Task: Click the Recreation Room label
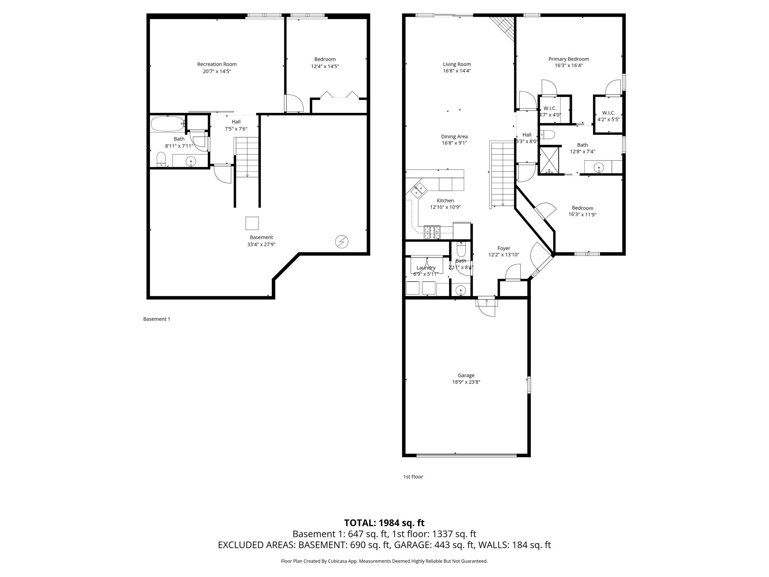[x=217, y=64]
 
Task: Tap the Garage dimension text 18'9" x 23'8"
[x=466, y=382]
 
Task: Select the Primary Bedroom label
[x=569, y=59]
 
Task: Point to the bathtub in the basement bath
[x=168, y=124]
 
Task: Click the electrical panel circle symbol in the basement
[x=342, y=241]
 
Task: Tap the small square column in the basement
[x=252, y=223]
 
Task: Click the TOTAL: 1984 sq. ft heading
[x=384, y=523]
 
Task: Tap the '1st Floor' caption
[x=413, y=477]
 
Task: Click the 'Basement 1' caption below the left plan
[x=157, y=319]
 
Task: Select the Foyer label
[x=504, y=248]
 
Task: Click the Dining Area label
[x=454, y=137]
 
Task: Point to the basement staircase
[x=247, y=157]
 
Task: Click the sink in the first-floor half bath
[x=460, y=290]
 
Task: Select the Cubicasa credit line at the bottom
[x=384, y=561]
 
